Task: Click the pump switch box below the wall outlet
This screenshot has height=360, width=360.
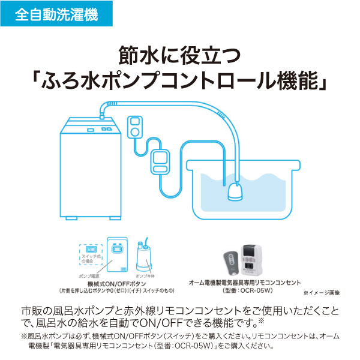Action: coord(160,161)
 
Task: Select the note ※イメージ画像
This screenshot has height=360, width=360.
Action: coord(321,293)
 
